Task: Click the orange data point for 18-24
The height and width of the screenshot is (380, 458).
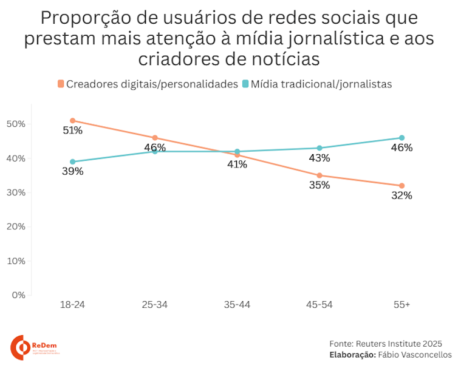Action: pos(72,120)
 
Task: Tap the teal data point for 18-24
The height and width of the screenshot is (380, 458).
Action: pos(72,162)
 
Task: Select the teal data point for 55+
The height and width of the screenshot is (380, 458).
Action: pos(402,138)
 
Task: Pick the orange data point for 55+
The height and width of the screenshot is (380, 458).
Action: pos(402,186)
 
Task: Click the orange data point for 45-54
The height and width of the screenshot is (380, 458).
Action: pos(320,175)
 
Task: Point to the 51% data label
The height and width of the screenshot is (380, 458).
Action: pos(72,131)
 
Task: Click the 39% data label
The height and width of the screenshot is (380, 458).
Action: pos(72,172)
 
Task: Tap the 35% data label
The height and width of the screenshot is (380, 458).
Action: pos(320,186)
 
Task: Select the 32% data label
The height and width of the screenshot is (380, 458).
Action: pos(402,195)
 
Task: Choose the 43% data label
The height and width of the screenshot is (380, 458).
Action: pos(320,158)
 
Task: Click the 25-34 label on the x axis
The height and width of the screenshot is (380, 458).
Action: pos(154,305)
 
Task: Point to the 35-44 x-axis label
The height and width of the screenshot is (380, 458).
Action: pos(237,305)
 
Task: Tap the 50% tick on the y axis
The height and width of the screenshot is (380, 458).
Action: pos(16,124)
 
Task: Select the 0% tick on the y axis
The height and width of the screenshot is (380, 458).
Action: pos(18,295)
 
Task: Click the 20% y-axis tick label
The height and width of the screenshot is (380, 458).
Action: pos(16,226)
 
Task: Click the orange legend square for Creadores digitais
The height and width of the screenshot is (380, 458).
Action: pos(61,84)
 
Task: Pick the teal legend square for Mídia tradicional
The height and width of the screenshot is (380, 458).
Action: pos(246,84)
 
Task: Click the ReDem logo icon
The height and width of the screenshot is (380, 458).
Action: pos(21,347)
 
